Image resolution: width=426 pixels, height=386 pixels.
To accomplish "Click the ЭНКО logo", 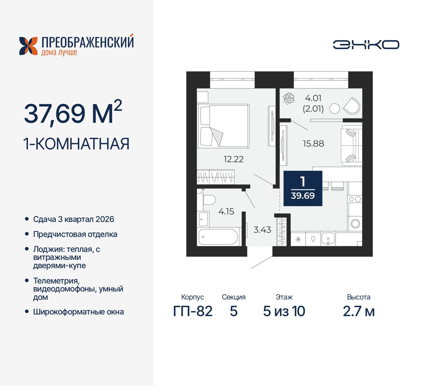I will point(366,45).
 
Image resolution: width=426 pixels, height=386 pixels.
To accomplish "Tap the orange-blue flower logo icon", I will point(28,46).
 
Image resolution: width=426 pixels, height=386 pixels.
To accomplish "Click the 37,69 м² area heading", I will point(73,113).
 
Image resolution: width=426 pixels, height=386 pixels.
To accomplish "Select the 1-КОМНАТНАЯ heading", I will point(76,144).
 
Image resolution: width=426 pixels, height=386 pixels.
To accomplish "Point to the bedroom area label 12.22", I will point(234,159).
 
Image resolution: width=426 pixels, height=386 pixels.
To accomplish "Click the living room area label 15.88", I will point(313,144).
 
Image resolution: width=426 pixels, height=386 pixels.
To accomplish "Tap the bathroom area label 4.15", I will point(226,212).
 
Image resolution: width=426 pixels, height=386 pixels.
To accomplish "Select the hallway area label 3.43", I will point(262,230).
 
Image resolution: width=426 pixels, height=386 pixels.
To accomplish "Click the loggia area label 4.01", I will point(313,98).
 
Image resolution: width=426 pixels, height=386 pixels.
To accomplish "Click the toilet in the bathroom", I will point(209,200).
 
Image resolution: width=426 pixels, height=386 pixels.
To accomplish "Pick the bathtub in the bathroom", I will point(218,237).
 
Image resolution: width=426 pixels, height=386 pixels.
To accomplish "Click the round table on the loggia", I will point(334,108).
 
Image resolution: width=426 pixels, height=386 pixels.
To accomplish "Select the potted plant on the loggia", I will point(289,98).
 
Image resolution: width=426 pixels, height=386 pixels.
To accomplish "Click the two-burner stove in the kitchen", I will point(355,199).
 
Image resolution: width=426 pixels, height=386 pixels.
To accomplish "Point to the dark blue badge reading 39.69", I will point(303,188).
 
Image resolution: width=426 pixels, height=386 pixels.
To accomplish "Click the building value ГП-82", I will point(193,311).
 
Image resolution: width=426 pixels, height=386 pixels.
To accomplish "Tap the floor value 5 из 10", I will point(284,311).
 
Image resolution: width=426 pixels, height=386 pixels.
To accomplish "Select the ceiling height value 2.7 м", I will point(359,311).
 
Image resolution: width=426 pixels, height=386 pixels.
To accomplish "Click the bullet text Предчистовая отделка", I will point(75,234).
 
